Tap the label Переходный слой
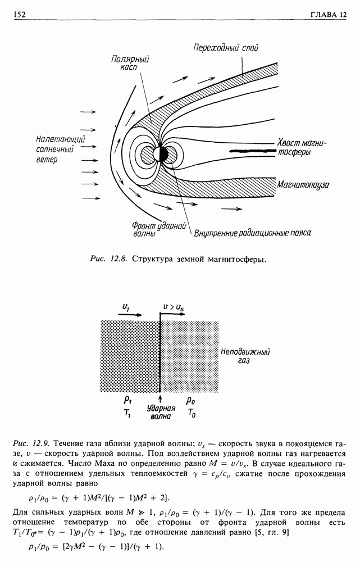225,48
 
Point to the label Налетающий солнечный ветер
52,149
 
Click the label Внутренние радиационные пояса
252,232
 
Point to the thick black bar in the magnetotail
248,151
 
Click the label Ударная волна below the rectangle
161,413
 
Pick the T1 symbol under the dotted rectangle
127,414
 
